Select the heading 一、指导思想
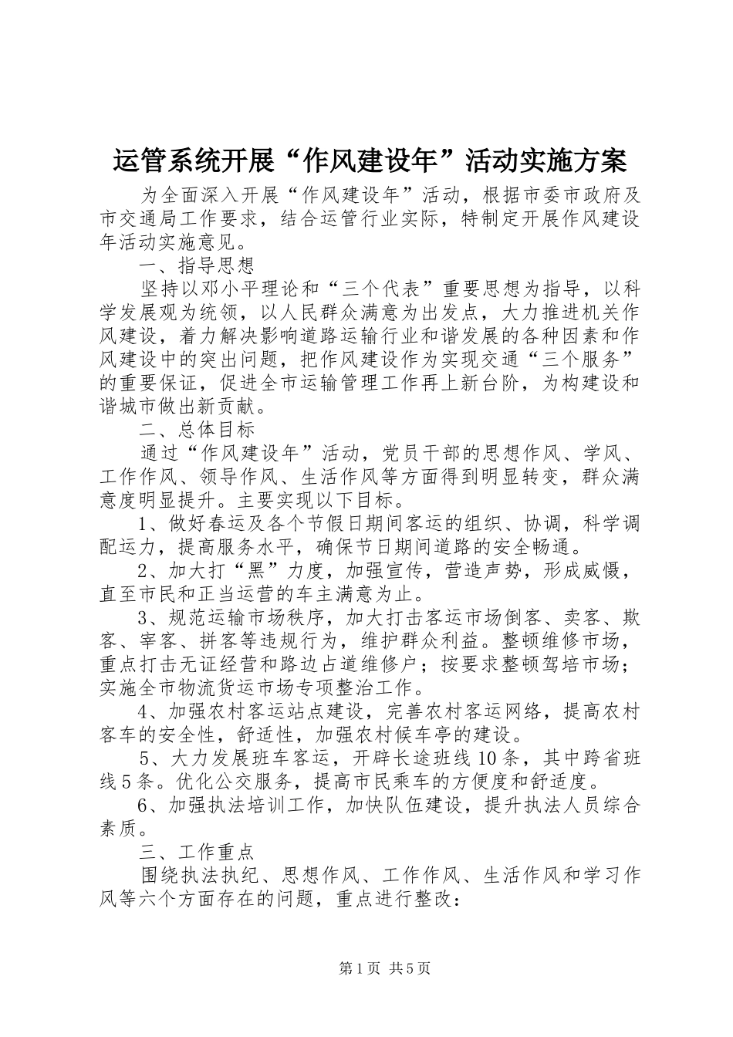(198, 267)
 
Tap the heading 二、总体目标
(198, 428)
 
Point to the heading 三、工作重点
(198, 853)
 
